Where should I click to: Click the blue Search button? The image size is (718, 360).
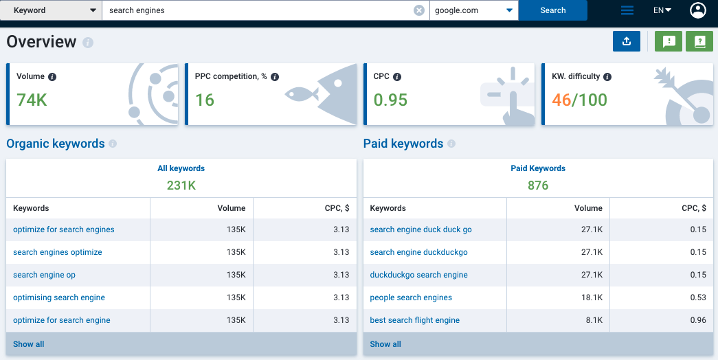[552, 10]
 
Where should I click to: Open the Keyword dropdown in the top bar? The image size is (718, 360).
[51, 10]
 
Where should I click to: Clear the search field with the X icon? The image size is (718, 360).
[419, 10]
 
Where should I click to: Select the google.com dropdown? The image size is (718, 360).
[474, 10]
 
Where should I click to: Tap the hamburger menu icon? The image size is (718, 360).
[627, 10]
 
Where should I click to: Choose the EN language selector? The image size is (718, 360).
[662, 10]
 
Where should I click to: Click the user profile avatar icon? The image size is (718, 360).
[698, 10]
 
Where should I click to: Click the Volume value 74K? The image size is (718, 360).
[32, 100]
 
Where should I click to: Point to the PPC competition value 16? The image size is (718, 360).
[205, 100]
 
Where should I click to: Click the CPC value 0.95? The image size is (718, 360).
[390, 100]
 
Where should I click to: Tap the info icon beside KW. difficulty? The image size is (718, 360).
[607, 77]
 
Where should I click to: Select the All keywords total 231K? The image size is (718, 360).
[181, 185]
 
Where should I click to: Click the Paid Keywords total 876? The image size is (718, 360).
[538, 185]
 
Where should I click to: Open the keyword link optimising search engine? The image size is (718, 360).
[59, 297]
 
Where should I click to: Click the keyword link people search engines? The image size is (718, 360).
[411, 297]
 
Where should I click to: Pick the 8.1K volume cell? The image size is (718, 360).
[594, 320]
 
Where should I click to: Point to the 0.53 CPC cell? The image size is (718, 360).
[698, 297]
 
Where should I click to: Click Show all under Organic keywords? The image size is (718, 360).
[28, 344]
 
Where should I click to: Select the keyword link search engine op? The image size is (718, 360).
[44, 275]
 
